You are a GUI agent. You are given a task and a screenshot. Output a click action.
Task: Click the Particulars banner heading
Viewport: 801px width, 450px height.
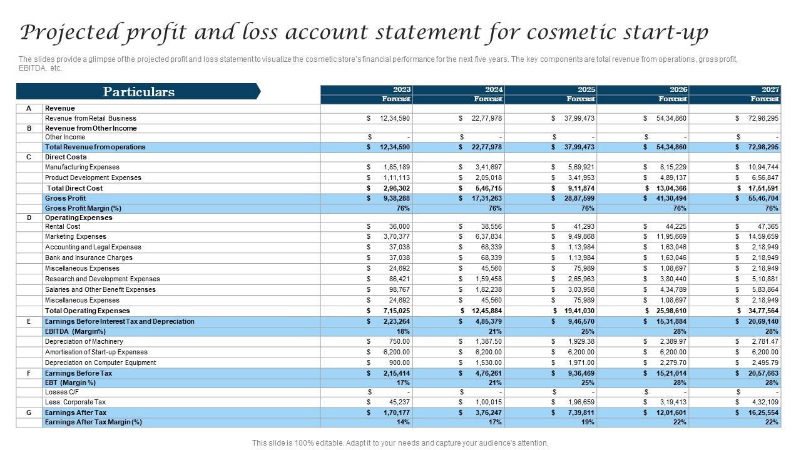pyautogui.click(x=138, y=92)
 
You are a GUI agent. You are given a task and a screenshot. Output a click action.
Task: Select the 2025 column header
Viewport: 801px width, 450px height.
pyautogui.click(x=586, y=89)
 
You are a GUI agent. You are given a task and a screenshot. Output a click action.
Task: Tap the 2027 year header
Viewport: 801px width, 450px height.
pyautogui.click(x=770, y=89)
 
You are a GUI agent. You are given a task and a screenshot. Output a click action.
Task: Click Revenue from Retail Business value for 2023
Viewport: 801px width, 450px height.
pyautogui.click(x=394, y=118)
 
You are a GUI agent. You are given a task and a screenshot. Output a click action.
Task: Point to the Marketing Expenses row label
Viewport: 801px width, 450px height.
pyautogui.click(x=76, y=236)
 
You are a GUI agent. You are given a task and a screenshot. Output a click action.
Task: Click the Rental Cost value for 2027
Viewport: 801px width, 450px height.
pyautogui.click(x=767, y=226)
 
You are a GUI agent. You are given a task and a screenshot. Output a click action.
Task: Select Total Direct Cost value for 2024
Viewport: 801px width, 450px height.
pyautogui.click(x=487, y=188)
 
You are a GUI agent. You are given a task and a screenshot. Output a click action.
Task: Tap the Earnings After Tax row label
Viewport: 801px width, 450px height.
pyautogui.click(x=76, y=412)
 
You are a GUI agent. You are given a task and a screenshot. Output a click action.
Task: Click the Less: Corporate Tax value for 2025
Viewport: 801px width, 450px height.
pyautogui.click(x=581, y=402)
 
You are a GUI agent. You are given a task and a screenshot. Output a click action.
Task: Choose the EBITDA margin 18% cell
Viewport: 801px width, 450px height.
pyautogui.click(x=403, y=331)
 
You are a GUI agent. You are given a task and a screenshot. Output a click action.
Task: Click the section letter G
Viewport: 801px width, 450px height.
pyautogui.click(x=28, y=412)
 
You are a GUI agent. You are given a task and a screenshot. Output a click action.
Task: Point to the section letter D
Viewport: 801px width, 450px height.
pyautogui.click(x=28, y=217)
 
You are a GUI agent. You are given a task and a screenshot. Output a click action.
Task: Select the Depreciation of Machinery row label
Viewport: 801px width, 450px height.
pyautogui.click(x=84, y=341)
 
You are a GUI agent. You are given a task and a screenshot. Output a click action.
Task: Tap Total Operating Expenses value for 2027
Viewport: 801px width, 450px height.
pyautogui.click(x=763, y=311)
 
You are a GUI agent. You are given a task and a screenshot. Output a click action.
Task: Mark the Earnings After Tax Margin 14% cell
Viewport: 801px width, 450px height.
pyautogui.click(x=403, y=422)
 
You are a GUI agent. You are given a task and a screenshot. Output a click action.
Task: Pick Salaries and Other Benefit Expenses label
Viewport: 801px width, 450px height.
pyautogui.click(x=100, y=289)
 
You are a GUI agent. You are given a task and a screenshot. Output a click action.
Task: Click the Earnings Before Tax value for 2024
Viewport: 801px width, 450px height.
pyautogui.click(x=488, y=373)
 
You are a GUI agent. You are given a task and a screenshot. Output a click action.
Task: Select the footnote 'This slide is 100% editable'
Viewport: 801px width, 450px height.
pyautogui.click(x=400, y=442)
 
